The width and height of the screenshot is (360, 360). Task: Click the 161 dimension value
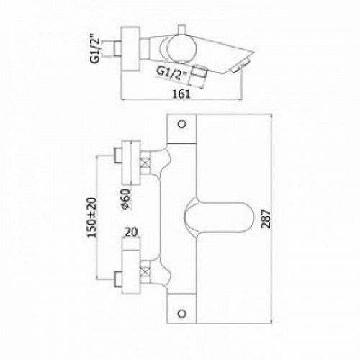click(181, 94)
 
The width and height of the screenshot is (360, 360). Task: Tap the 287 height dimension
click(266, 219)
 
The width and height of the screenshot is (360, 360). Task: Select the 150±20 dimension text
click(91, 217)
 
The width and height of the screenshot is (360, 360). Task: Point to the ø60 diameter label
click(125, 199)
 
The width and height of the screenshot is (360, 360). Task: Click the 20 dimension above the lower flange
click(132, 232)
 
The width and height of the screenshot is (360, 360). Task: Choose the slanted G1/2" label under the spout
click(171, 73)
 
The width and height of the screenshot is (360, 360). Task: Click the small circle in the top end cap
click(182, 124)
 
